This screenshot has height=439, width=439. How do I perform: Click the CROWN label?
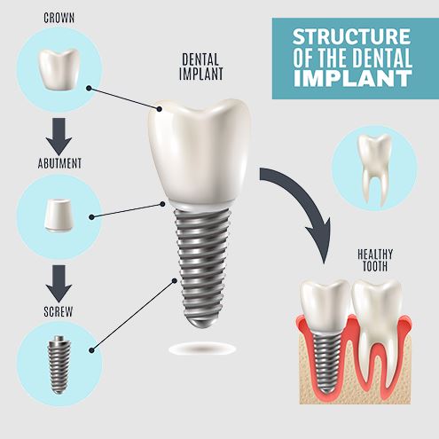59,18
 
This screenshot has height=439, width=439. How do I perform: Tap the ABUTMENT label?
59,163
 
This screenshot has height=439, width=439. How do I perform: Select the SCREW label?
59,311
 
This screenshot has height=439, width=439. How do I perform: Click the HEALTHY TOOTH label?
375,260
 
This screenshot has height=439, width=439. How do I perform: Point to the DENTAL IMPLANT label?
201,67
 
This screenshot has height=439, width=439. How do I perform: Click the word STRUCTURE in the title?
351,36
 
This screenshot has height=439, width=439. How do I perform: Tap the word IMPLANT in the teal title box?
353,78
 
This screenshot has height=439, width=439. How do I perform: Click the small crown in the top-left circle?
59,69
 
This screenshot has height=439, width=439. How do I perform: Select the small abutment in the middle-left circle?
59,215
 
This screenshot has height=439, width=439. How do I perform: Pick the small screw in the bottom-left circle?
59,365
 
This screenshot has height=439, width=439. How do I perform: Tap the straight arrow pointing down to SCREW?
59,284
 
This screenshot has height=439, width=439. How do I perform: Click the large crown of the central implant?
200,153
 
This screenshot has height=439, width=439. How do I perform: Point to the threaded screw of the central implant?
203,268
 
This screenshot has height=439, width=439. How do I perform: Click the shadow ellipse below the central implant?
203,349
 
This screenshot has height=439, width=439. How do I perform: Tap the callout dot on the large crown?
159,109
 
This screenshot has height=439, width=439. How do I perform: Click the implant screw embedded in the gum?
326,362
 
